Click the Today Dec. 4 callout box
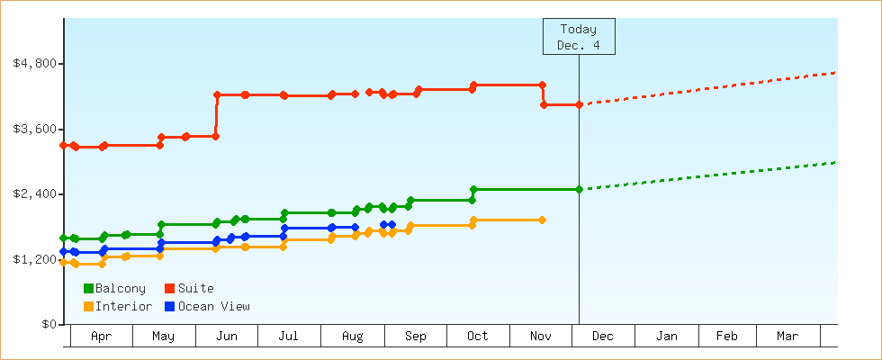(x=578, y=37)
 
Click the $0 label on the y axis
(x=47, y=324)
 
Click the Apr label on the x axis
(x=102, y=337)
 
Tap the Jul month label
(x=289, y=337)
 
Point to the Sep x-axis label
(x=415, y=337)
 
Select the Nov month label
(x=540, y=337)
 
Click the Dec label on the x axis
(x=603, y=337)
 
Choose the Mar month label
(x=787, y=337)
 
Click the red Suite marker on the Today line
(x=579, y=105)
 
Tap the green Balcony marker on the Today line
(x=579, y=189)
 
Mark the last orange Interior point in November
(x=542, y=220)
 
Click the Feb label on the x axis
(x=726, y=337)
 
